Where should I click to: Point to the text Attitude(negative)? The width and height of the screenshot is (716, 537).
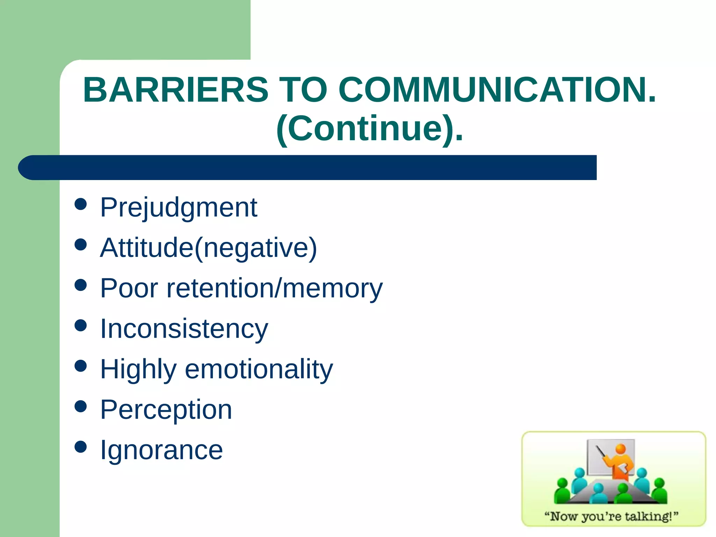(208, 248)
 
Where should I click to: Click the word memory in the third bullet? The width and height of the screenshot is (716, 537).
(332, 288)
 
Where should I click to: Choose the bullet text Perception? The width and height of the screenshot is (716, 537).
(166, 409)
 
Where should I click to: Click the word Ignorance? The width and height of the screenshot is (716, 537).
(161, 450)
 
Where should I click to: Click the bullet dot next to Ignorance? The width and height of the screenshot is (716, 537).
(81, 446)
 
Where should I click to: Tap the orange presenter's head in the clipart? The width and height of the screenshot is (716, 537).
(621, 449)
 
